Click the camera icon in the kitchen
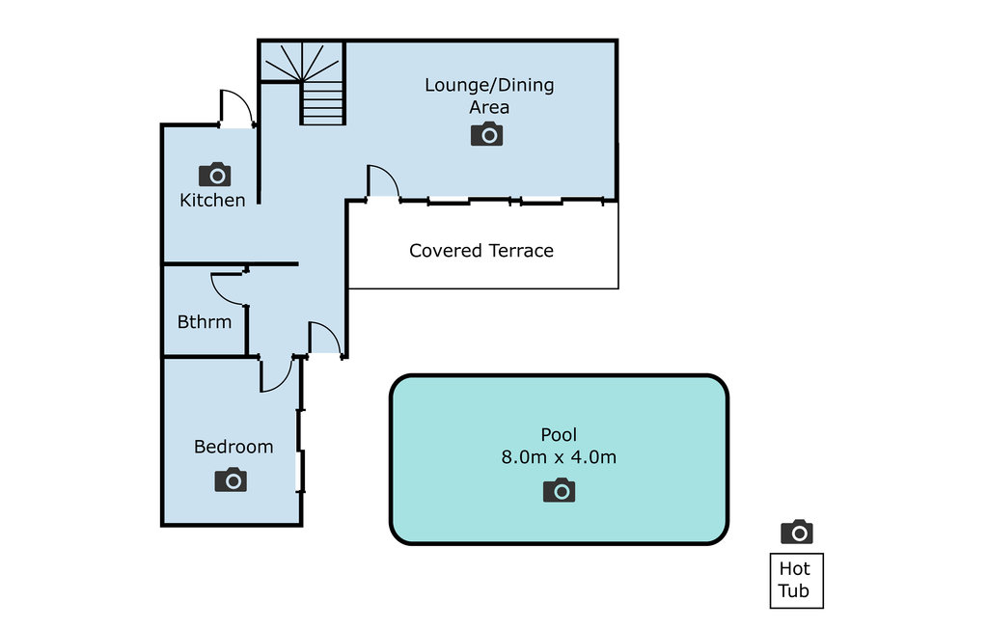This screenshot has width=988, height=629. click(x=214, y=174)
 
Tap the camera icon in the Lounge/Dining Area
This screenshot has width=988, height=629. click(x=487, y=134)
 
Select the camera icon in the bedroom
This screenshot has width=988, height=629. click(x=231, y=479)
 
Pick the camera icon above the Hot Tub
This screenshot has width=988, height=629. click(x=796, y=532)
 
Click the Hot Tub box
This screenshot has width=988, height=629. click(x=796, y=581)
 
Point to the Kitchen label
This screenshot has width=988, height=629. click(x=212, y=201)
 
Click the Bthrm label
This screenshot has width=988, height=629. click(x=205, y=322)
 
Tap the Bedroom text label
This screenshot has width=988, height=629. click(x=233, y=447)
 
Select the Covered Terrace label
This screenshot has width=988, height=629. click(x=481, y=251)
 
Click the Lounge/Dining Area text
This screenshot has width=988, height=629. click(x=489, y=96)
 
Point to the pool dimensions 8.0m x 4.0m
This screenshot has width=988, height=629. click(x=559, y=457)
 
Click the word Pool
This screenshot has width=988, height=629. click(x=559, y=435)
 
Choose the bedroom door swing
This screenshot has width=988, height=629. click(x=277, y=374)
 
